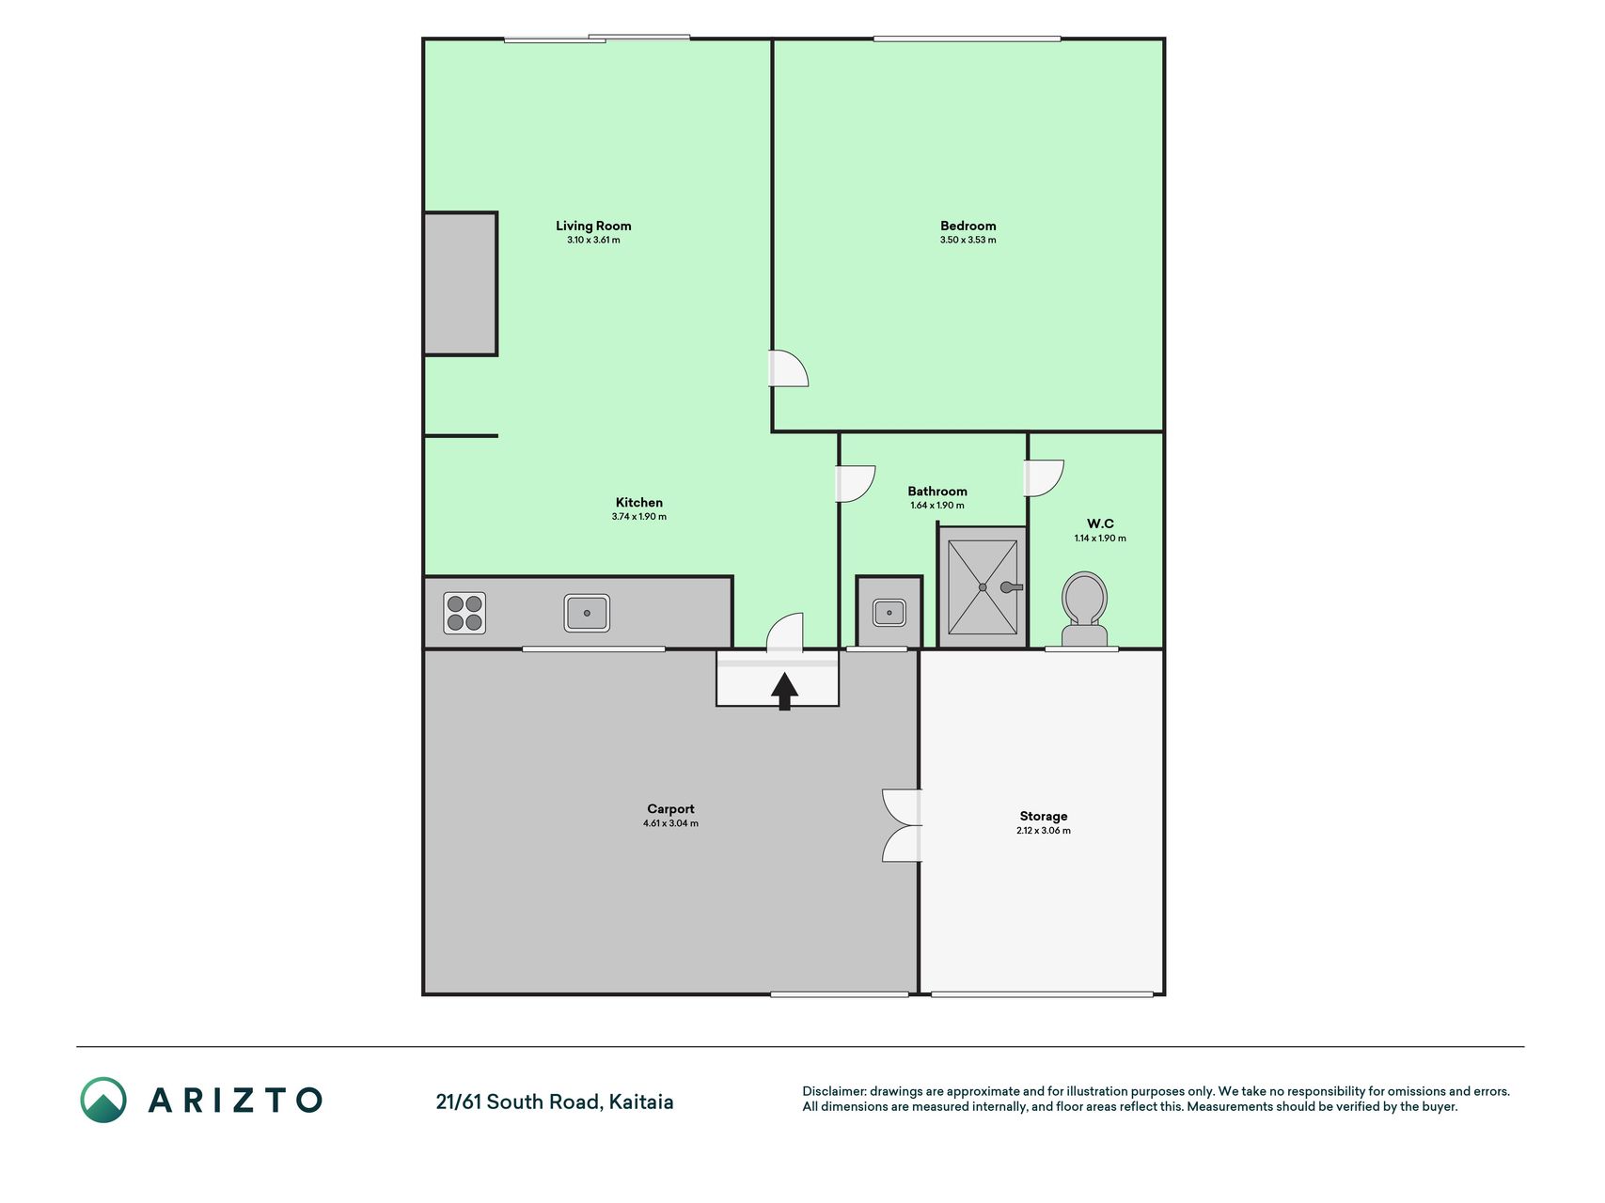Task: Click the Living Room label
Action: tap(593, 226)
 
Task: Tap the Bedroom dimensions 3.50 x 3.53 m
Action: tap(968, 240)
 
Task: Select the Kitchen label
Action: tap(639, 503)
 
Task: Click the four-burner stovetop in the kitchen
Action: tap(464, 613)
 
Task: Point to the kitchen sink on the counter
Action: tap(587, 613)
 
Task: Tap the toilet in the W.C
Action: tap(1084, 609)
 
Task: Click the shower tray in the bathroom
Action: tap(983, 587)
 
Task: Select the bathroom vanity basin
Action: tap(889, 613)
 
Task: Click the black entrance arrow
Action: tap(785, 691)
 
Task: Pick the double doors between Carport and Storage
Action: tap(903, 825)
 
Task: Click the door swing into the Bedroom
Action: tap(789, 368)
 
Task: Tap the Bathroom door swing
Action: tap(856, 484)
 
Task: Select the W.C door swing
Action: tap(1044, 478)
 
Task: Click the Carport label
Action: tap(670, 809)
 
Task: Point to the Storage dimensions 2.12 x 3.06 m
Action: tap(1044, 831)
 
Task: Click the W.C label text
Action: tap(1100, 523)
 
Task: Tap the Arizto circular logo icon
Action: tap(103, 1100)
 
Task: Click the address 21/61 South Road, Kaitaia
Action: tap(555, 1101)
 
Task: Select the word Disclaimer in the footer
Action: tap(833, 1091)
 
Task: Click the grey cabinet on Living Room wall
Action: tap(461, 284)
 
